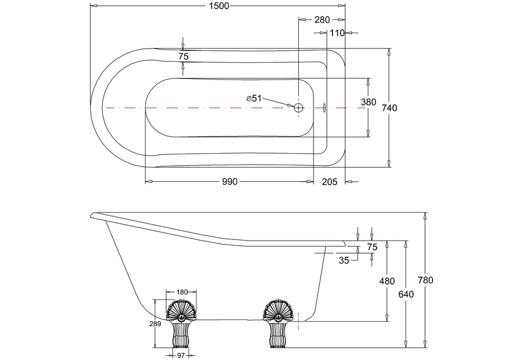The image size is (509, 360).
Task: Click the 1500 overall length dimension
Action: (x=219, y=6)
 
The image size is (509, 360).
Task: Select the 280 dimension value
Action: (x=322, y=20)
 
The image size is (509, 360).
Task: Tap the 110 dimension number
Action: (x=337, y=33)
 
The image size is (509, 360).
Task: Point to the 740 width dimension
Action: (x=389, y=108)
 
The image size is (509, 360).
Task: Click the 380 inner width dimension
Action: (x=368, y=102)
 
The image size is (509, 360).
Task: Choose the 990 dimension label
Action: (x=230, y=182)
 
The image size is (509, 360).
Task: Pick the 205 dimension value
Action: (x=330, y=182)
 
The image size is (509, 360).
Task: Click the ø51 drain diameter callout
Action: (x=254, y=98)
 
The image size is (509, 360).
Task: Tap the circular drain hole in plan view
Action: (x=298, y=107)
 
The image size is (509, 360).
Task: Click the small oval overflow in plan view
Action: (x=324, y=108)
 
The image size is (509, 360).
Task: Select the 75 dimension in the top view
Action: (x=183, y=57)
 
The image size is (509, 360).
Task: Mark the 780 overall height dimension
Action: (x=425, y=280)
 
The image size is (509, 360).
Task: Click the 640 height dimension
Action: (x=406, y=294)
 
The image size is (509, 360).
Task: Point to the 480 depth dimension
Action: (x=387, y=281)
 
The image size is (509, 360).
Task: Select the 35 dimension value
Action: (x=344, y=261)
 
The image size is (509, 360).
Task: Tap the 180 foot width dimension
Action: (x=182, y=292)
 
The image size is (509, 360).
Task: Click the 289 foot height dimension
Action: (x=155, y=323)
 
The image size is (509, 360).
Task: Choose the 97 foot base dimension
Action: (x=181, y=356)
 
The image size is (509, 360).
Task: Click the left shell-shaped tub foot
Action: (x=181, y=324)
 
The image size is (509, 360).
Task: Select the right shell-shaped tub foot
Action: (x=279, y=324)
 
